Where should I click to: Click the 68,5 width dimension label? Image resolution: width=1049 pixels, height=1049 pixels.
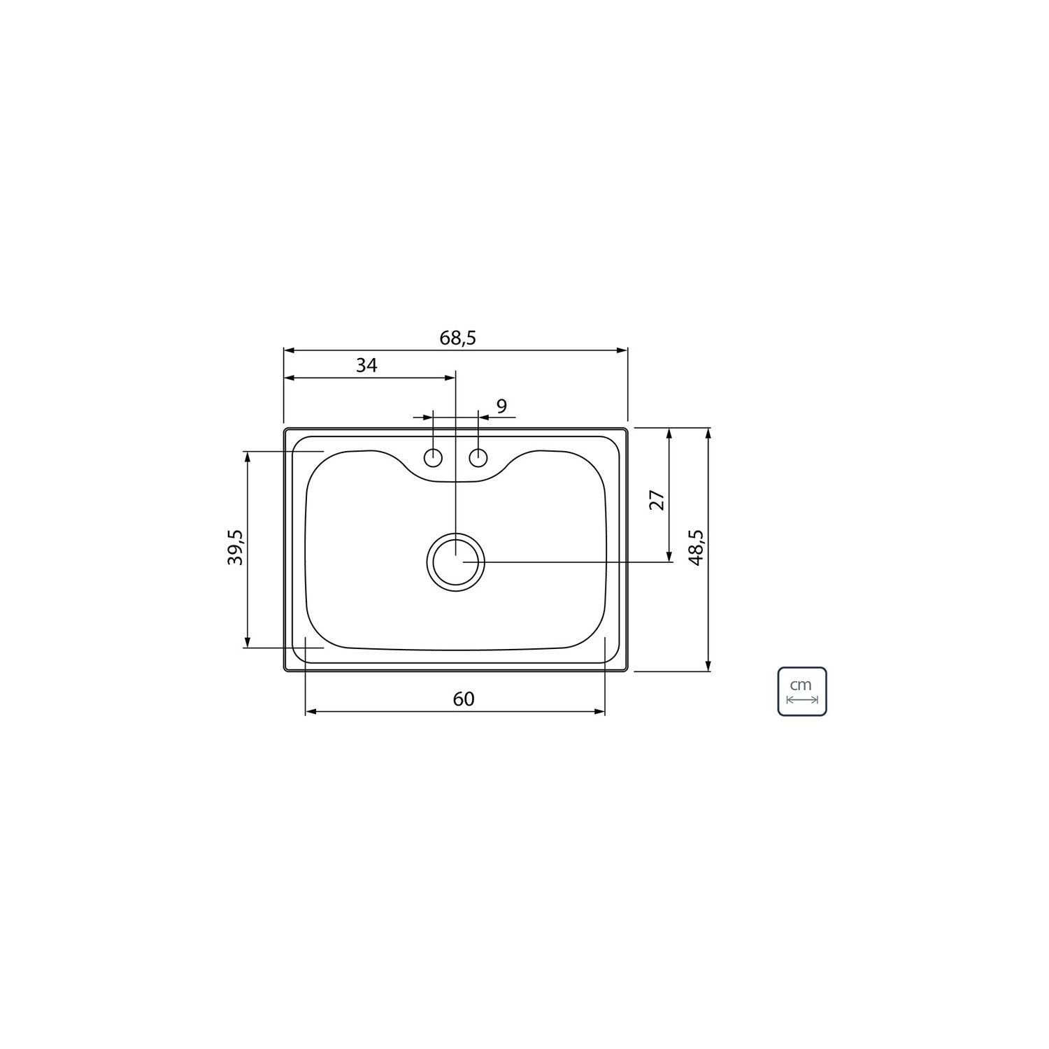coord(457,338)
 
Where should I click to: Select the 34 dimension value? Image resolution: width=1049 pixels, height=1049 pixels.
coord(366,365)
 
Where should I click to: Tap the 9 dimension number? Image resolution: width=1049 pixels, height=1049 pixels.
coord(501,406)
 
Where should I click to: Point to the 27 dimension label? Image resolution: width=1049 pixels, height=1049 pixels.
coord(657,500)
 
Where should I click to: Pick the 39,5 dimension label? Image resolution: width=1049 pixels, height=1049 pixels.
coord(235,548)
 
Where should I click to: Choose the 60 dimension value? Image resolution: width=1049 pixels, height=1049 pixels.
coord(464,699)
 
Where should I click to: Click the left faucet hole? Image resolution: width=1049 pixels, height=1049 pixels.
coord(434,458)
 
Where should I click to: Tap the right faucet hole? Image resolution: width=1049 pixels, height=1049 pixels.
coord(478,458)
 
